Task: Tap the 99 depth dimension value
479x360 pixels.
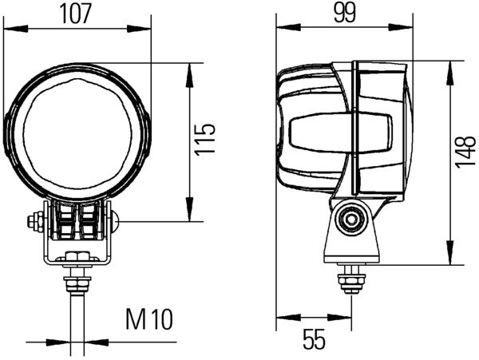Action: pyautogui.click(x=344, y=13)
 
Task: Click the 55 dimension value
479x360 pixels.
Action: pyautogui.click(x=315, y=340)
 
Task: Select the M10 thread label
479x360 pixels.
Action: pyautogui.click(x=148, y=321)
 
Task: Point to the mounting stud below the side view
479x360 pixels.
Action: pyautogui.click(x=349, y=280)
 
